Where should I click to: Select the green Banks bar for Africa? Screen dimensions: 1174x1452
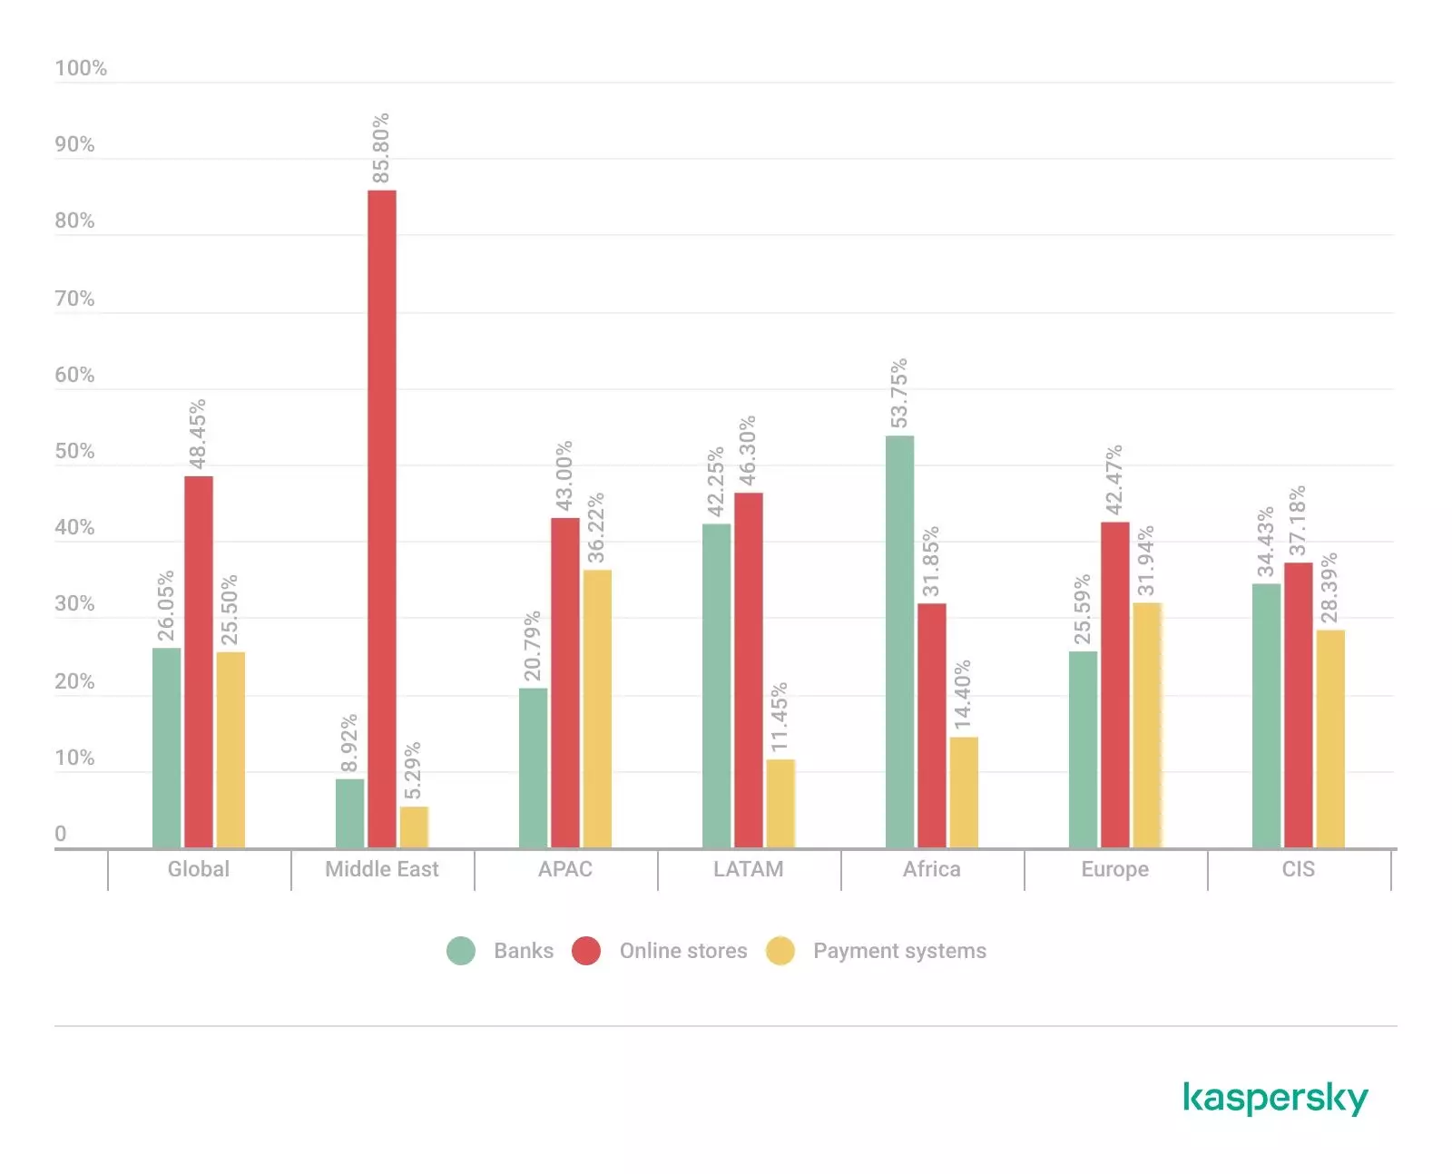click(x=899, y=641)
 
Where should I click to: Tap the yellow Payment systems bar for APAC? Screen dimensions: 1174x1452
click(x=597, y=709)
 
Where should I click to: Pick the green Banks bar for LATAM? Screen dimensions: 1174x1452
click(x=716, y=686)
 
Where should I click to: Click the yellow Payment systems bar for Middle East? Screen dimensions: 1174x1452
click(x=414, y=827)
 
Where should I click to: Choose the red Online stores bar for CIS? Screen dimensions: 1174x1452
click(x=1298, y=705)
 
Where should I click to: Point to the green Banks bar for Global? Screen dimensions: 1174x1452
click(x=166, y=748)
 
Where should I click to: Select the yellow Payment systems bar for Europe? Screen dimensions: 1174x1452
click(x=1147, y=725)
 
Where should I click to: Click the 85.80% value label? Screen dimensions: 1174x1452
click(x=381, y=148)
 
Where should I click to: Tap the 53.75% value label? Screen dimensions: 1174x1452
click(x=898, y=393)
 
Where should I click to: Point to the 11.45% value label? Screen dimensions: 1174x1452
click(x=780, y=717)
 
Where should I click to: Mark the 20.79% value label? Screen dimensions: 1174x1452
click(x=533, y=645)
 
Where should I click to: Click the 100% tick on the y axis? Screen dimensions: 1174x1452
click(x=81, y=68)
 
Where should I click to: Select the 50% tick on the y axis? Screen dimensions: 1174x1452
click(x=74, y=451)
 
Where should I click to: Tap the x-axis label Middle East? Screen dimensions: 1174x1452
click(x=382, y=869)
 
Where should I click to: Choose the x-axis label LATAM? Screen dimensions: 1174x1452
click(x=748, y=869)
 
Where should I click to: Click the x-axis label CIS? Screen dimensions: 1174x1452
click(x=1298, y=869)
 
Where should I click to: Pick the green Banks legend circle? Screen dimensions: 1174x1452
click(x=461, y=951)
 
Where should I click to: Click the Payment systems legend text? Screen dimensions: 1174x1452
click(x=899, y=951)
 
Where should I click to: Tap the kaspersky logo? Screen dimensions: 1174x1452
click(x=1275, y=1098)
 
